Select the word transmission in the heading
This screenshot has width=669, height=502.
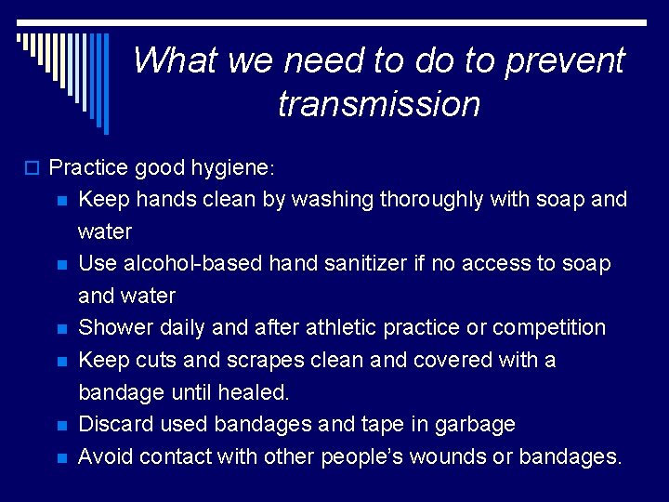coord(379,103)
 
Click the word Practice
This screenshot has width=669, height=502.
coord(89,167)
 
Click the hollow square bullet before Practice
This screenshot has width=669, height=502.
coord(37,168)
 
